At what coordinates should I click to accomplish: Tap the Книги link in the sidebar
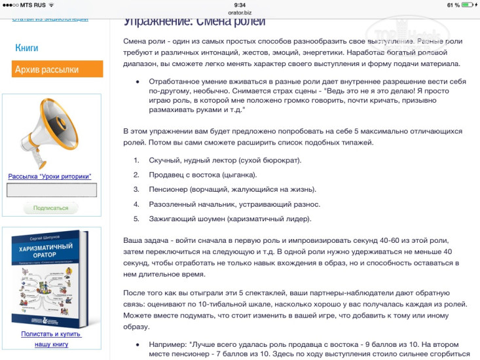(x=27, y=48)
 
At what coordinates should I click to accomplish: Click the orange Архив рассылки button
(x=57, y=69)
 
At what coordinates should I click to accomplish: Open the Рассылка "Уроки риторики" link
(x=50, y=176)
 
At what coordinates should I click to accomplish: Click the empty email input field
(x=52, y=190)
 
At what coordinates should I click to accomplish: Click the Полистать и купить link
(x=51, y=334)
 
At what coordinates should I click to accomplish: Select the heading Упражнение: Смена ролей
(x=194, y=22)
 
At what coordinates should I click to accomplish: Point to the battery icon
(x=466, y=5)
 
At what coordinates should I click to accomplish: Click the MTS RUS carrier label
(x=33, y=5)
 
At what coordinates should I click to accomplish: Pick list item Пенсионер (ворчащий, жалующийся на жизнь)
(x=233, y=189)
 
